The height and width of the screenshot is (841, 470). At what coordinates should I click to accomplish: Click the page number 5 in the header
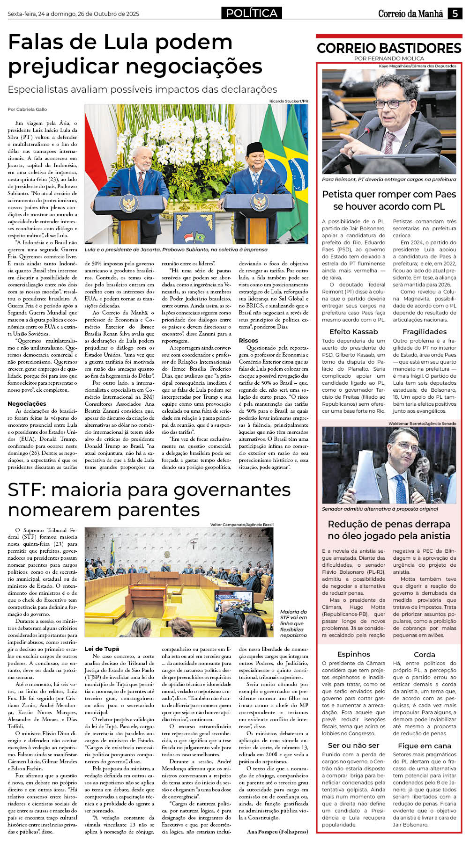pos(455,14)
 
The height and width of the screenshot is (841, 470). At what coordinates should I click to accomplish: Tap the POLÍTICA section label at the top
pos(252,13)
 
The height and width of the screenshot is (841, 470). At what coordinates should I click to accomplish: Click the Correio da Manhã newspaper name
pos(410,14)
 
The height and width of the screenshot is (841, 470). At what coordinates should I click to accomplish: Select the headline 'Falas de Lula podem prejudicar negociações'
pos(135,54)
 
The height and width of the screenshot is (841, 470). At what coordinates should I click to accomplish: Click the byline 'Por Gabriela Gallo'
pos(27,109)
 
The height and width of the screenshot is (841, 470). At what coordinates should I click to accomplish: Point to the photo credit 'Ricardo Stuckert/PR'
pos(289,101)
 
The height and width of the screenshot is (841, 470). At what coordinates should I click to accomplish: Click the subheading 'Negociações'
pos(27,403)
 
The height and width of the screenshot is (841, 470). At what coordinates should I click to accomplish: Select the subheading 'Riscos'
pos(248,340)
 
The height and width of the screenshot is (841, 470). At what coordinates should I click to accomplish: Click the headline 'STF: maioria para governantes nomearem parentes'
pos(149,499)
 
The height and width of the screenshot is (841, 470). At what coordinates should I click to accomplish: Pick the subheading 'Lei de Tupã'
pos(102,649)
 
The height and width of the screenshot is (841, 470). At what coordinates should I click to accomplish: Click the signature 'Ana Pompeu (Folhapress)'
pos(277,831)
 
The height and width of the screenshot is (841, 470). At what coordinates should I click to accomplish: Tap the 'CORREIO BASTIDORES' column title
pos(389,48)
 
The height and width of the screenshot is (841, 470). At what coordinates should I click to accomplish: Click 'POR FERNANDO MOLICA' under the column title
pos(389,59)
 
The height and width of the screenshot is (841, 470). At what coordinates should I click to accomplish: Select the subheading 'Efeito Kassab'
pos(353,331)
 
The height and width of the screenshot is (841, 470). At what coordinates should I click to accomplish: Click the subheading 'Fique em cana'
pos(425,746)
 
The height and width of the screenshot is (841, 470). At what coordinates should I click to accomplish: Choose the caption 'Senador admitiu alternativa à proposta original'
pos(380,509)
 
